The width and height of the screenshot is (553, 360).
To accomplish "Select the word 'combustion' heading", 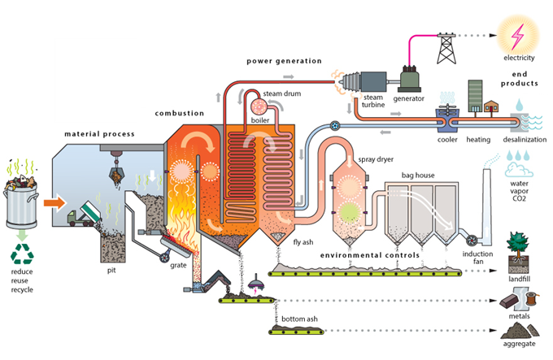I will click(181, 114).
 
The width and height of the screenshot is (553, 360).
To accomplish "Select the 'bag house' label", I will click(418, 175).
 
